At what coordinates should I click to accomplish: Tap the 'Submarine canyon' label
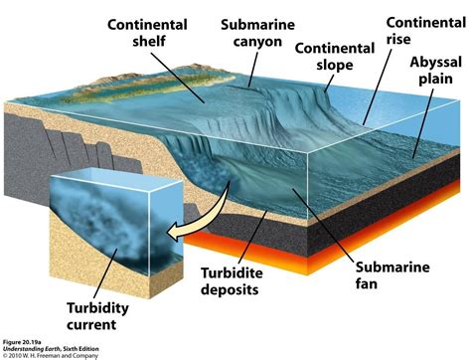point(251,34)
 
